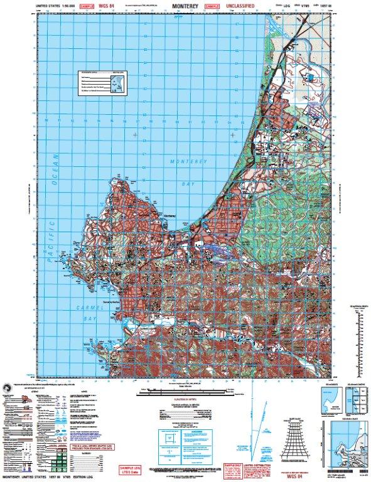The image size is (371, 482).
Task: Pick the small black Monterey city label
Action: click(x=169, y=218)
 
